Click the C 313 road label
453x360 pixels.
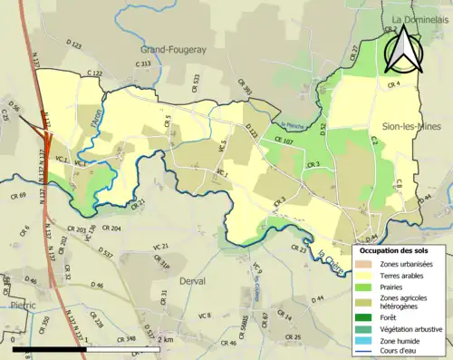point(142,64)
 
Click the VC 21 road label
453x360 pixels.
point(161,247)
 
